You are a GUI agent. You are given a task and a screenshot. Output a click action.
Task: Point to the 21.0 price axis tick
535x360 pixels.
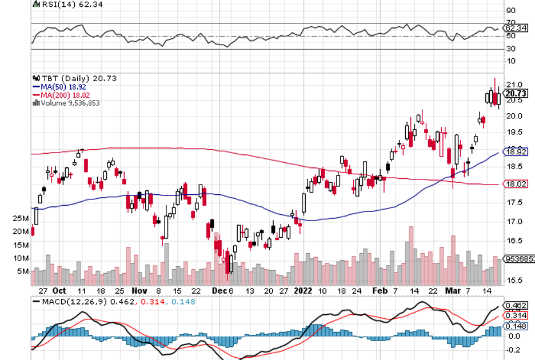(513, 85)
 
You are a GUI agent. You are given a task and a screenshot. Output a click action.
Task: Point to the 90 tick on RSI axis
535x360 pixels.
(510, 10)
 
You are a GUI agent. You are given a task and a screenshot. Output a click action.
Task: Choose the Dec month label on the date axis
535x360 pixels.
(219, 290)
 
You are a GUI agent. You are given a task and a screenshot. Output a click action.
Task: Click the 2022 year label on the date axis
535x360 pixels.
(301, 290)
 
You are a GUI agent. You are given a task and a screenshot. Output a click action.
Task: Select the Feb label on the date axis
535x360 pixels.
(380, 290)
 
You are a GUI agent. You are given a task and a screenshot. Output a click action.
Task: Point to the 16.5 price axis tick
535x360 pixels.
(513, 241)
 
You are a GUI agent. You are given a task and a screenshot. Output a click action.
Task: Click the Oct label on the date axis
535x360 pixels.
(59, 290)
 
